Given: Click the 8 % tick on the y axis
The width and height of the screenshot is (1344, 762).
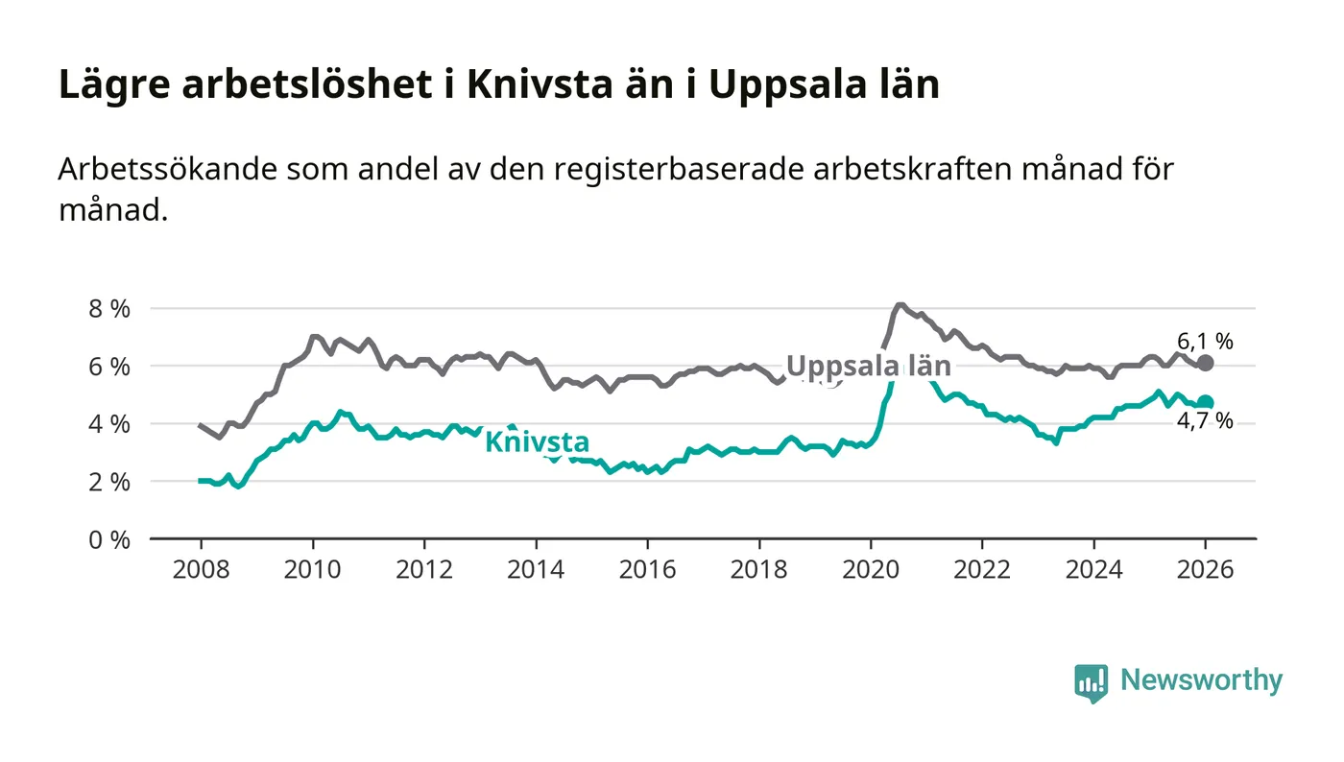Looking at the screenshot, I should [x=108, y=309].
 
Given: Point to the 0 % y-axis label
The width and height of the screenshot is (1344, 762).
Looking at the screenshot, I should [x=108, y=539].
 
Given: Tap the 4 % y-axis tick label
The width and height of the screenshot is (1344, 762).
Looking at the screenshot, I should [x=108, y=424].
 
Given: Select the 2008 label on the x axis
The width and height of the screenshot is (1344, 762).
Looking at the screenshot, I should [x=200, y=569].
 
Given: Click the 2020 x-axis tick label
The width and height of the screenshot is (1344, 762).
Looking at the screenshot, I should [x=870, y=569].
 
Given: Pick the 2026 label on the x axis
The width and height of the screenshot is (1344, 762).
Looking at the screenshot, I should [x=1206, y=569].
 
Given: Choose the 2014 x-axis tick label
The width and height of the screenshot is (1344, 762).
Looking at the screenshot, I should [x=535, y=569].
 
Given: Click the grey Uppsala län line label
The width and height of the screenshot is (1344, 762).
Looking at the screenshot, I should [x=868, y=366].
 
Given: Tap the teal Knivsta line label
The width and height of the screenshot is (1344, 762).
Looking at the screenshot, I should [x=537, y=442].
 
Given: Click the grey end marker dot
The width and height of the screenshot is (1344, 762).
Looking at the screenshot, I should [x=1206, y=363].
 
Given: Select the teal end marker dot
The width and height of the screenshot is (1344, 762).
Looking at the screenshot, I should [x=1206, y=403].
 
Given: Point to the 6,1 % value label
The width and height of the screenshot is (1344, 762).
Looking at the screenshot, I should [x=1205, y=341].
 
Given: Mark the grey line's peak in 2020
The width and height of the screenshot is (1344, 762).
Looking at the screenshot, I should [x=900, y=305].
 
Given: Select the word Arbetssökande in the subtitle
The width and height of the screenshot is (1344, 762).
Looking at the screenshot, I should [x=167, y=169].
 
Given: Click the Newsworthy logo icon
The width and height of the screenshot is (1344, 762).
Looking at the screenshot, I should [x=1091, y=683].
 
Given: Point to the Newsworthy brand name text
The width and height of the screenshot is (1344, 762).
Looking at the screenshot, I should [x=1201, y=680].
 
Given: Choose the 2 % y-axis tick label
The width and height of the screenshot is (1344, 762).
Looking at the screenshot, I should [x=108, y=482].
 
